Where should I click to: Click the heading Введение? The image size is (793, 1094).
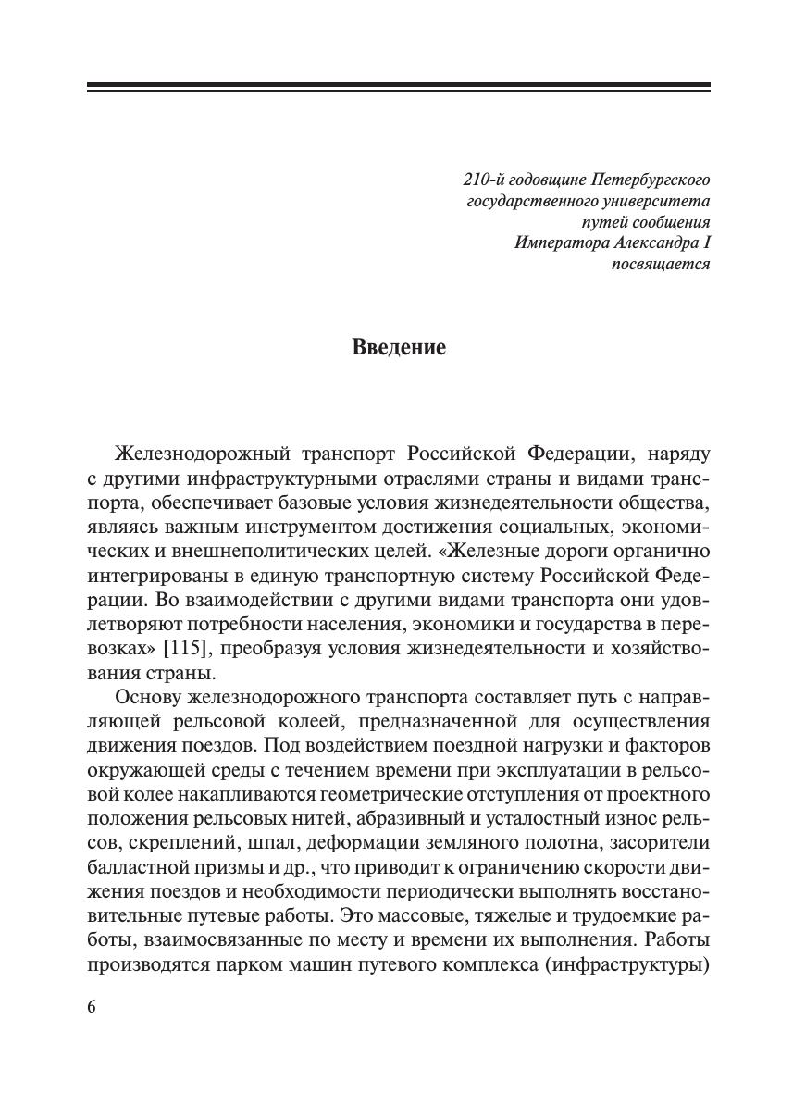click(x=399, y=348)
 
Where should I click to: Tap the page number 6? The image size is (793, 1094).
click(x=92, y=1008)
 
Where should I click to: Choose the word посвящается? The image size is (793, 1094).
click(x=660, y=265)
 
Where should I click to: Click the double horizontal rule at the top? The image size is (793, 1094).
click(x=399, y=87)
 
